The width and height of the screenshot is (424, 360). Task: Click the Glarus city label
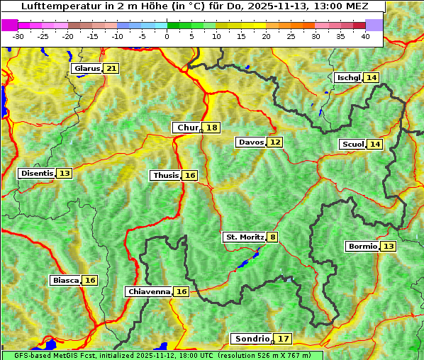[x=86, y=69]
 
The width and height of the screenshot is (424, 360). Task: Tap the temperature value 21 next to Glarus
[x=111, y=69]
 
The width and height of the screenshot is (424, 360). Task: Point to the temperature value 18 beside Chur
[x=212, y=128]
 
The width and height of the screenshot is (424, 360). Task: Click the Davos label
[x=251, y=142]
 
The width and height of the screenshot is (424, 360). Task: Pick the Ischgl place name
[x=348, y=77]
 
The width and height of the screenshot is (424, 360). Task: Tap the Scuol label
[x=352, y=145]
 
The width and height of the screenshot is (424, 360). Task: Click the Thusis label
[x=165, y=176]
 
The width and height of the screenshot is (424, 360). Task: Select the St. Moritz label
[x=244, y=237]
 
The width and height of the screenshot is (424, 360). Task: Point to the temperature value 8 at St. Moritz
[x=273, y=237]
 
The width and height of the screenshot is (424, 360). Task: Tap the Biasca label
[x=65, y=281]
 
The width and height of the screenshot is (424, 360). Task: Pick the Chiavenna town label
[x=148, y=292]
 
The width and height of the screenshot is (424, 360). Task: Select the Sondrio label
[x=251, y=339]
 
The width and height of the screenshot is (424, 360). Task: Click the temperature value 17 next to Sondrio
[x=283, y=339]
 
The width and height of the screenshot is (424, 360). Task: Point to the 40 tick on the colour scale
[x=365, y=35]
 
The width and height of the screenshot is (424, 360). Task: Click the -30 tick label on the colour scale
[x=18, y=35]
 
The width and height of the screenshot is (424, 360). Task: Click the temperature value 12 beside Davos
[x=275, y=142]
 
